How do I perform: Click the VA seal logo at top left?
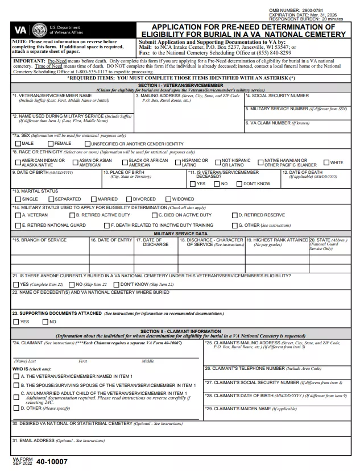coord(39,30)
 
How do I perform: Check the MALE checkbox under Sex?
coord(17,144)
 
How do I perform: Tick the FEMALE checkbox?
coord(51,144)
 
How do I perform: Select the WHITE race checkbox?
coord(326,163)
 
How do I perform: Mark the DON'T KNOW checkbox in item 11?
coord(239,184)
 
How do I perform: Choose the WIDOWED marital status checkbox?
coord(167,199)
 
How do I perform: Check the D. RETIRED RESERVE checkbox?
coord(234,215)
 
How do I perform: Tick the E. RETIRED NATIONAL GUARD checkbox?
coord(17,226)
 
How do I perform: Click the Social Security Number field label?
coord(278,96)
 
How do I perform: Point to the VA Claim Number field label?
coord(278,123)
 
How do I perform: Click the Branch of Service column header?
coord(40,240)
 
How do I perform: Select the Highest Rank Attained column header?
coord(277,240)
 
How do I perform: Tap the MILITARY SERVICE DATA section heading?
coord(180,234)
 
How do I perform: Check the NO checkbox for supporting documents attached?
coord(45,322)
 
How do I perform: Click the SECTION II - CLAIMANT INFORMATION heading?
coord(180,331)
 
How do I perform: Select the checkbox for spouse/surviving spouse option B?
coord(16,385)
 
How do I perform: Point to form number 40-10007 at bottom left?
coord(51,462)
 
